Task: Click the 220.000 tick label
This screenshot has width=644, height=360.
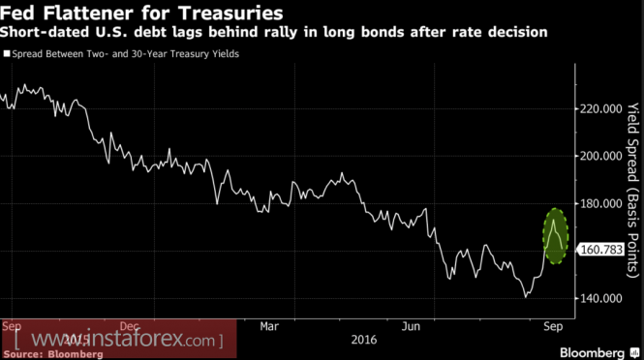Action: point(600,109)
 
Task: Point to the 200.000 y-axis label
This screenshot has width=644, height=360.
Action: point(600,157)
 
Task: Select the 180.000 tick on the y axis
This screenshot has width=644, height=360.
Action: point(600,204)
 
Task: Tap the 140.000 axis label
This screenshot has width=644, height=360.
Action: point(600,299)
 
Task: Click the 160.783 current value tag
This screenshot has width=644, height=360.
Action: point(601,250)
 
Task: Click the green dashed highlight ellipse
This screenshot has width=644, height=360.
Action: point(544,236)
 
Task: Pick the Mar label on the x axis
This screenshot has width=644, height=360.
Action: point(269,327)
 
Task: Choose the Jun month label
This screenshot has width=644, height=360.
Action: point(411,327)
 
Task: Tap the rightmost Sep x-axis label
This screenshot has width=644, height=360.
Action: point(553,327)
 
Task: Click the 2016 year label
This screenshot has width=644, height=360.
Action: point(364,341)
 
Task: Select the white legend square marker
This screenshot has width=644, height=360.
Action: point(7,54)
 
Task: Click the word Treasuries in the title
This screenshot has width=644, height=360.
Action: point(230,14)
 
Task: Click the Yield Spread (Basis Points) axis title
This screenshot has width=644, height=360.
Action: point(633,191)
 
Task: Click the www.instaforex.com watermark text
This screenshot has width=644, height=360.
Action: point(119,340)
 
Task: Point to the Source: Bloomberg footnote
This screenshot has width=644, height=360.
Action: point(53,354)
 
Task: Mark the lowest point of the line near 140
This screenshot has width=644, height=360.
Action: point(525,297)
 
